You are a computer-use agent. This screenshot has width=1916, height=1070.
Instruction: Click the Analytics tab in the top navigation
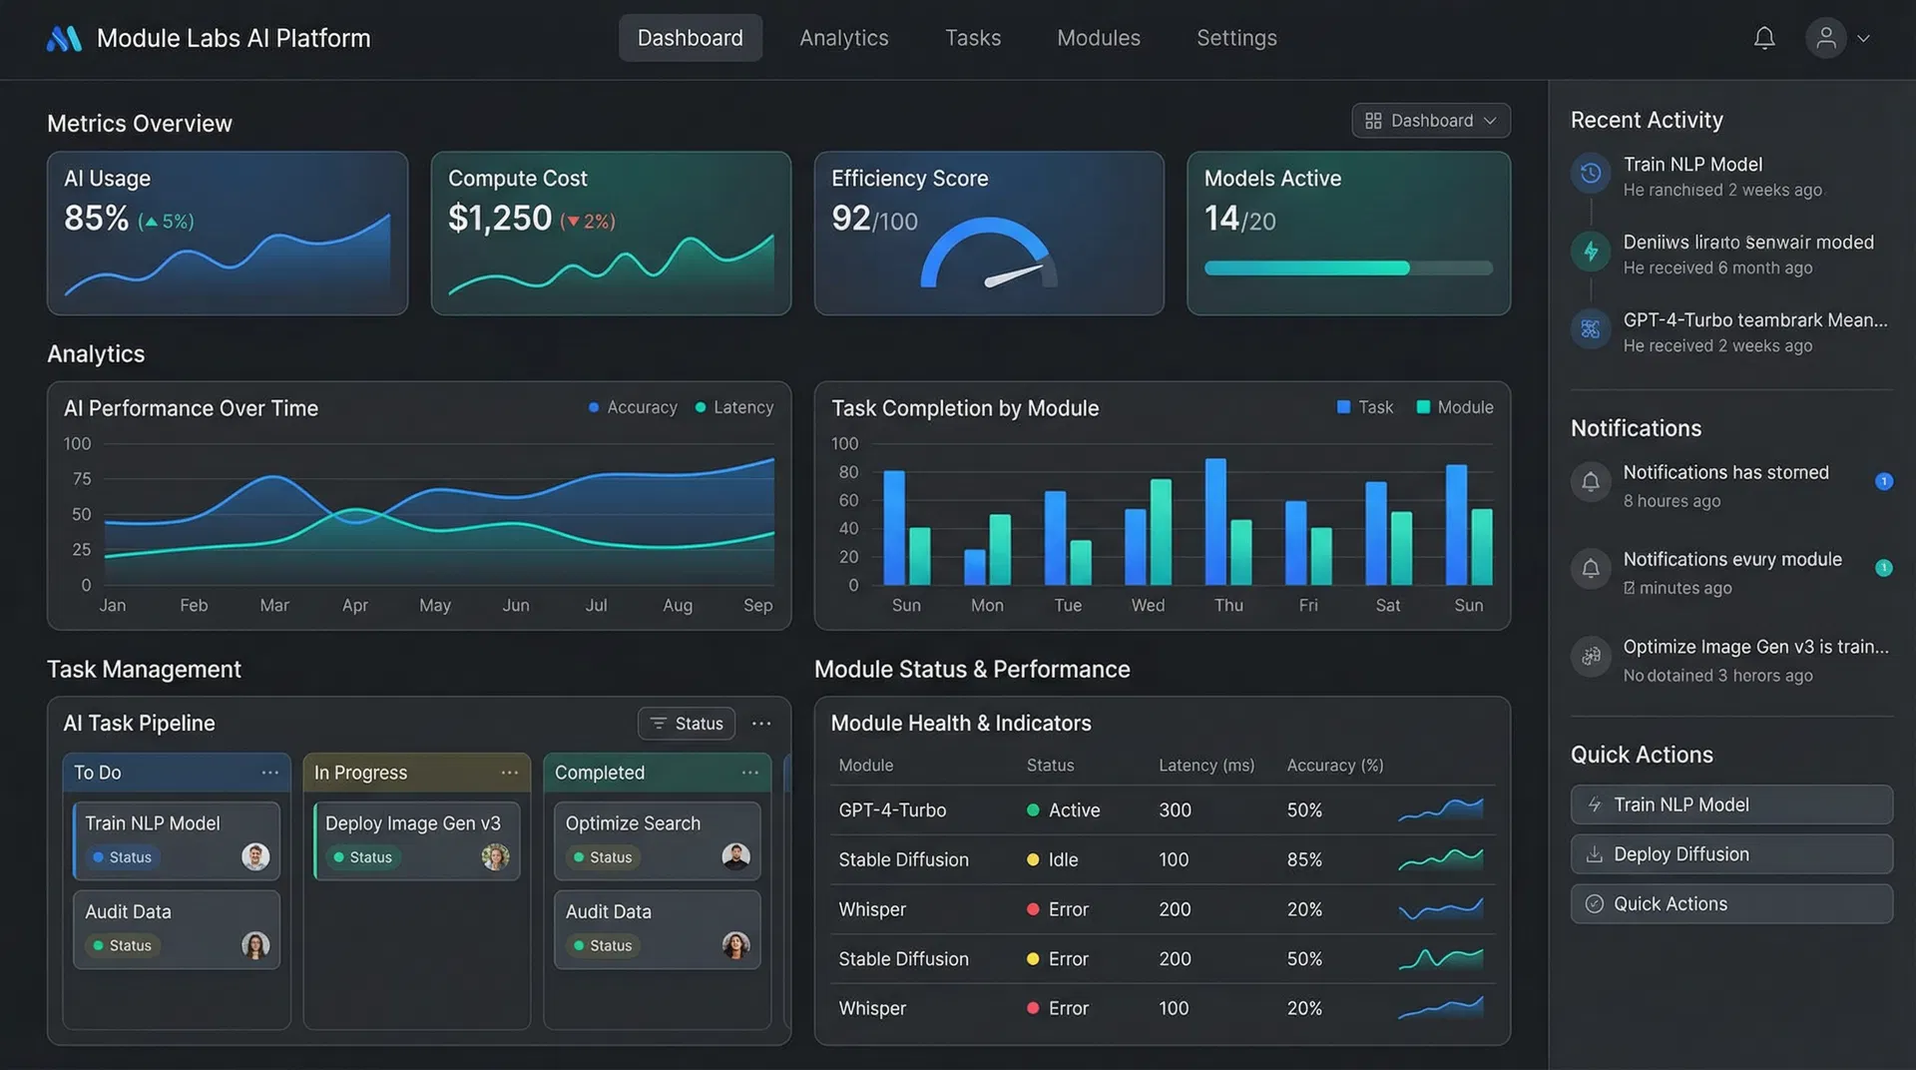pos(843,38)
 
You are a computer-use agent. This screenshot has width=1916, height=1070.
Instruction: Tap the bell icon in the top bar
pos(1764,38)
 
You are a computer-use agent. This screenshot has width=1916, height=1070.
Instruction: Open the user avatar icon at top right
pos(1825,38)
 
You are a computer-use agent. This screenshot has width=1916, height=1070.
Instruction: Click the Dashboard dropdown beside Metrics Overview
pos(1430,121)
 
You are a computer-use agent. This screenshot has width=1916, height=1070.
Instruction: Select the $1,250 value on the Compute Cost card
pos(499,218)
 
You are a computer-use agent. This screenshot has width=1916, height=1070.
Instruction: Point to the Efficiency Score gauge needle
pos(1013,275)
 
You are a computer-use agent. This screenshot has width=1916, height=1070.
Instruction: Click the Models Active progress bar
pos(1347,267)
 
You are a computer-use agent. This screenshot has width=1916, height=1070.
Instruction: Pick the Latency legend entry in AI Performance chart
pos(734,407)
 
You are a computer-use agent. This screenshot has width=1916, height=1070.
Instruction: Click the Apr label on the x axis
pos(354,605)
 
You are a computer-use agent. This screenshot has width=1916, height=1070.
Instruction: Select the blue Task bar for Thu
pos(1215,521)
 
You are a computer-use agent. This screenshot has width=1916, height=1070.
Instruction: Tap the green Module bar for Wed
pos(1161,532)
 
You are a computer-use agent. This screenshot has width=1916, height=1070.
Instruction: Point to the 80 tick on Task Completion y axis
pos(848,472)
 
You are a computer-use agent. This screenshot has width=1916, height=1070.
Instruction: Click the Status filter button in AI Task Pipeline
pos(687,724)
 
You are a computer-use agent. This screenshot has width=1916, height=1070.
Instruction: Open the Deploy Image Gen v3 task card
pos(416,840)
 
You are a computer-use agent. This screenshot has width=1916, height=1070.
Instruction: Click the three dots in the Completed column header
pos(749,773)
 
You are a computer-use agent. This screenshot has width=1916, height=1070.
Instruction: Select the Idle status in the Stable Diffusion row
pos(1062,859)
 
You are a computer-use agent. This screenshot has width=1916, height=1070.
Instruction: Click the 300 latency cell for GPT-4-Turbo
pos(1175,810)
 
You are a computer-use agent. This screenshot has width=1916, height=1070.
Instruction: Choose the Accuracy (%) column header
pos(1334,766)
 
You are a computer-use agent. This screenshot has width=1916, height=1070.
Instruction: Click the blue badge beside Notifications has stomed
pos(1883,481)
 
